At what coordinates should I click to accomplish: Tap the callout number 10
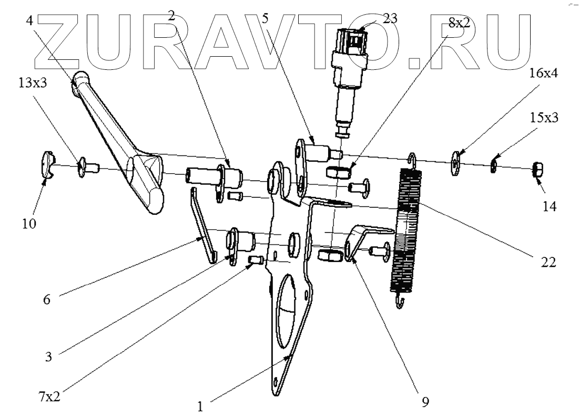29,224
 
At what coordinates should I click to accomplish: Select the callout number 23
389,18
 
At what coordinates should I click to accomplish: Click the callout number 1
200,405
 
